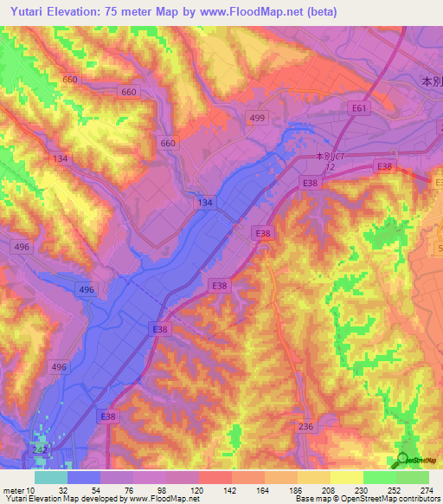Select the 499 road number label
coord(257,118)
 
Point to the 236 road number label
coord(305,426)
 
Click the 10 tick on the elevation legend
coord(31,490)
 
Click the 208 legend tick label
coord(331,490)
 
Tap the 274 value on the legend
coord(427,490)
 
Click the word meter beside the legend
coord(13,490)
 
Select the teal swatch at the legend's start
coord(51,477)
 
